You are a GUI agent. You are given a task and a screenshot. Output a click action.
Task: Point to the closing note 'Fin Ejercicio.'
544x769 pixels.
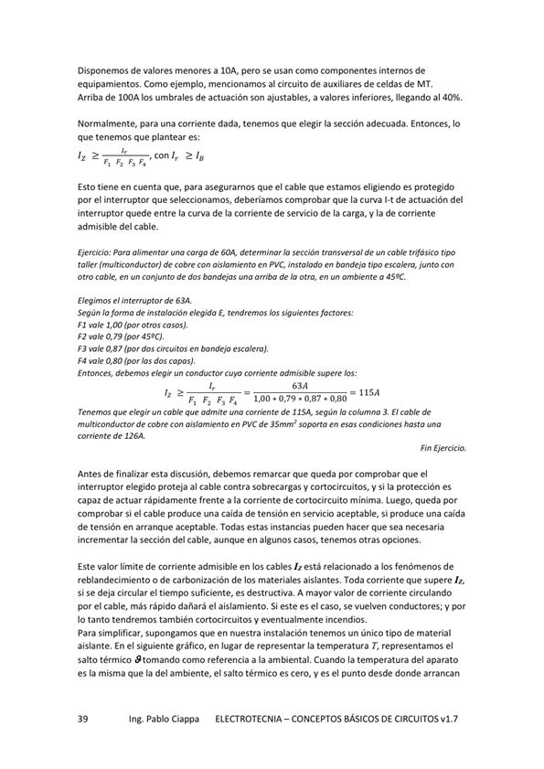[443, 448]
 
